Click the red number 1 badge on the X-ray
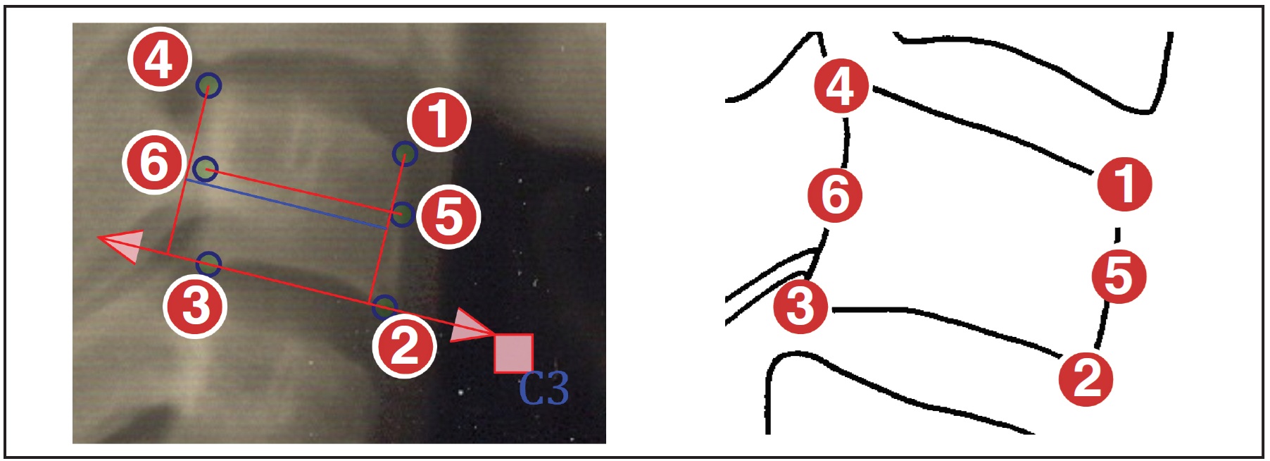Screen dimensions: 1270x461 439,119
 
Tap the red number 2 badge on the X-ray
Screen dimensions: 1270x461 404,346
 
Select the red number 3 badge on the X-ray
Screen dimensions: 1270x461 195,307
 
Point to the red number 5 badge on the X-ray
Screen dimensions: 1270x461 448,216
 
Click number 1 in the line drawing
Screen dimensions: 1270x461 1124,184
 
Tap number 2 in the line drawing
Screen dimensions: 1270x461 1086,379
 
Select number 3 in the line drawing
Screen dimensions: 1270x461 800,306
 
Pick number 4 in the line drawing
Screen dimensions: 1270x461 841,86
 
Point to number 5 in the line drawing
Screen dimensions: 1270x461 1119,276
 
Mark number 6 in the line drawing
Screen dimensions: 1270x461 835,195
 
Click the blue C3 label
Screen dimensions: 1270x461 543,388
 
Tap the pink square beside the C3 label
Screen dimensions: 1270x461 513,353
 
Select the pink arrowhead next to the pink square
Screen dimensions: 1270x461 470,326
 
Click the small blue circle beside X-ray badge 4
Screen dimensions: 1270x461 208,85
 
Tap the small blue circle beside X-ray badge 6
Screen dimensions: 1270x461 205,169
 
